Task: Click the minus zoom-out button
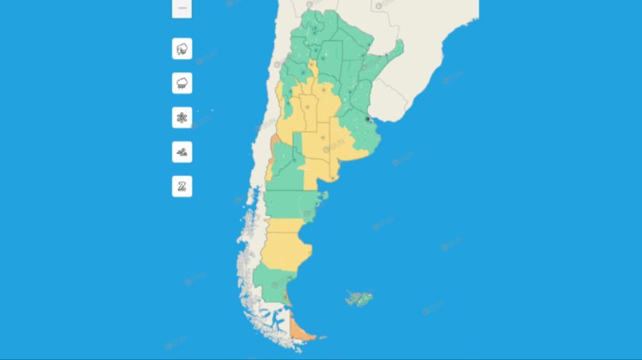tap(182, 8)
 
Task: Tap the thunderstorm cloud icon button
tap(182, 48)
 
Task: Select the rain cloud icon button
tap(182, 83)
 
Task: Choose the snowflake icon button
tap(182, 118)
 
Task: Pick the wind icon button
tap(182, 152)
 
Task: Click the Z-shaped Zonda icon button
tap(182, 187)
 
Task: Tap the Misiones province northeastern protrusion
tap(394, 51)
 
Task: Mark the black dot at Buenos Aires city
tap(368, 120)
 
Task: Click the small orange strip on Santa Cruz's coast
tap(287, 295)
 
